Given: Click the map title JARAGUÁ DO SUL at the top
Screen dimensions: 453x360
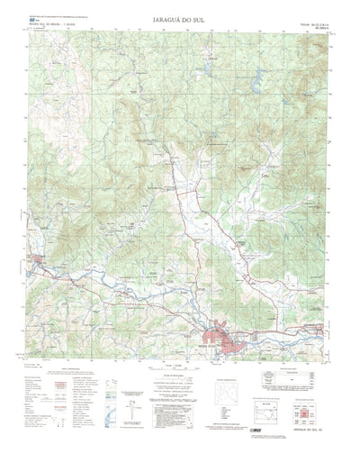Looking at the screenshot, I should pos(181,16).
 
